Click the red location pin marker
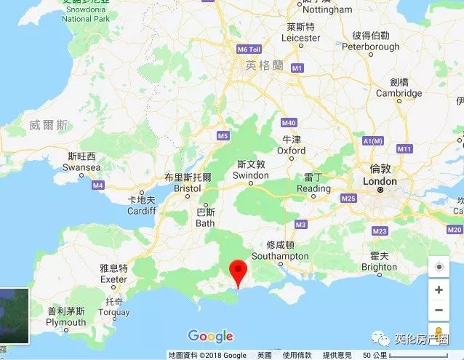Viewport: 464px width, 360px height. (239, 271)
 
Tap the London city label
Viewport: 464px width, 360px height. (380, 181)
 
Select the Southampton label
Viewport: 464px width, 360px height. (280, 256)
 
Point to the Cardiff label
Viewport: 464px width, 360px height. (142, 211)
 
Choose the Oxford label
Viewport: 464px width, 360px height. (292, 151)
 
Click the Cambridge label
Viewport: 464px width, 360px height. (399, 93)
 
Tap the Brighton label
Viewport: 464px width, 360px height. (379, 267)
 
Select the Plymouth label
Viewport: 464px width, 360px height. (66, 322)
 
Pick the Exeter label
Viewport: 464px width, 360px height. (113, 279)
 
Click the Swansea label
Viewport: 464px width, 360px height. (81, 167)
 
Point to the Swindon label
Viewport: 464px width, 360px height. (250, 176)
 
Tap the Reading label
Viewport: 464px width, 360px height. (313, 188)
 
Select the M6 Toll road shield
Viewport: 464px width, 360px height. (249, 49)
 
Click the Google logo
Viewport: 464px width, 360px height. (210, 336)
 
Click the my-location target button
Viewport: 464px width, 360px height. (439, 267)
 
